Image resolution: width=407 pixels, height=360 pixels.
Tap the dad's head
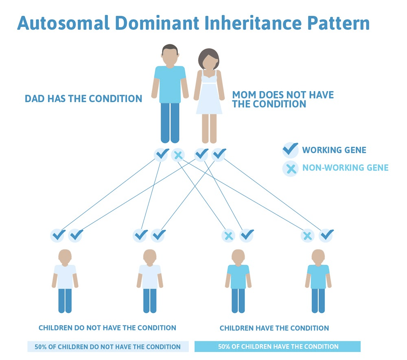(170, 55)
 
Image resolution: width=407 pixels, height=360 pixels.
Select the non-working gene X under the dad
(178, 155)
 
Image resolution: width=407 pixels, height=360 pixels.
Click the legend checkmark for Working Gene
(290, 150)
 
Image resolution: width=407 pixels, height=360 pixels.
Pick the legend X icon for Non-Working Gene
(290, 168)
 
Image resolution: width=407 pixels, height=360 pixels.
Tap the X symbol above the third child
(228, 235)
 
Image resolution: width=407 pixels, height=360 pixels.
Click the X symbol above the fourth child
(308, 235)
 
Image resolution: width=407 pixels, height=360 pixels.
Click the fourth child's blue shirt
(318, 276)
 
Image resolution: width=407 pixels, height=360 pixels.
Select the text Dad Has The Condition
(83, 98)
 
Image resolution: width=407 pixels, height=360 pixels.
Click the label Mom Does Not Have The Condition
(283, 99)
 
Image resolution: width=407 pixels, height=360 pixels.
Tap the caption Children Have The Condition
(274, 328)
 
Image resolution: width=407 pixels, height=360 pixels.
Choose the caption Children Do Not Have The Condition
(107, 328)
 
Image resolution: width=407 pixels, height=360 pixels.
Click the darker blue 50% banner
(278, 347)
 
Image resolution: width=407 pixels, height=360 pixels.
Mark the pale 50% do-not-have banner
(108, 347)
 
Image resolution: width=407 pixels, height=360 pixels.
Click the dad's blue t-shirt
(170, 83)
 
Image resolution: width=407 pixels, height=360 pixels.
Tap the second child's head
(150, 256)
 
